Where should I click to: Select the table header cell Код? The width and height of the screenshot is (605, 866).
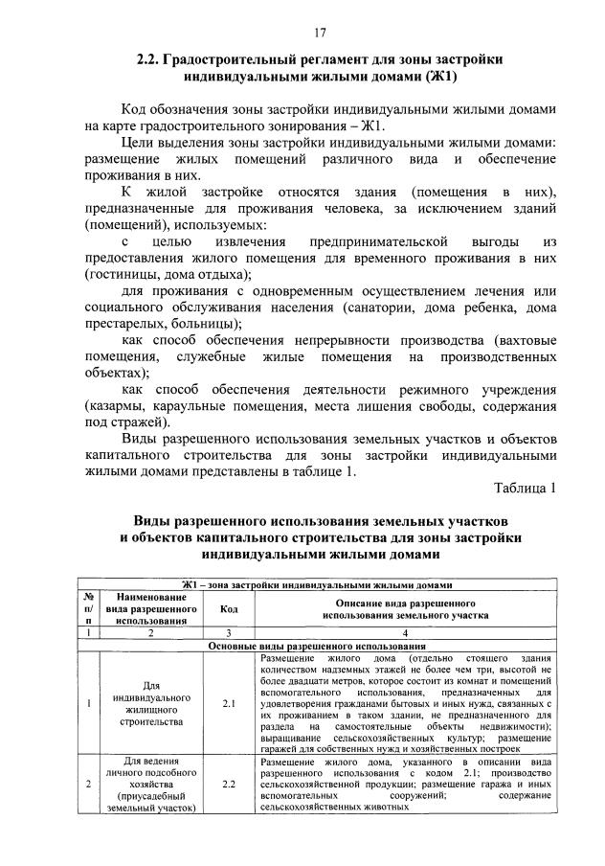click(229, 607)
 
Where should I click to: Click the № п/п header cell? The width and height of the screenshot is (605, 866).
click(88, 608)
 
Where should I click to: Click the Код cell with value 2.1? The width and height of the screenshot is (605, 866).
click(229, 704)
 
